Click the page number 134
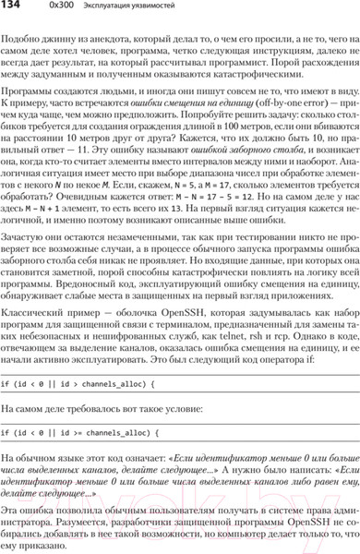(14, 9)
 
